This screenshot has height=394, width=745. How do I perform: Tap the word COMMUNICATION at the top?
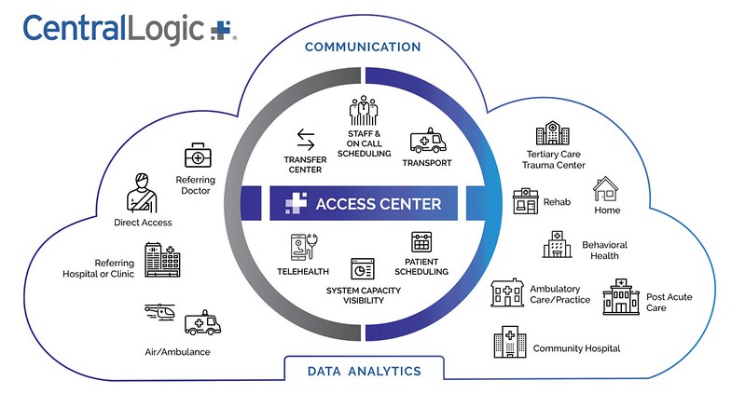coord(363,47)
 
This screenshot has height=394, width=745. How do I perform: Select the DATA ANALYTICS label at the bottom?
coord(364,371)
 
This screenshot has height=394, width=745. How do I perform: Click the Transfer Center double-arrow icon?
coord(306,141)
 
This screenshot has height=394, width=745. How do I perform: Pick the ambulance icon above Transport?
coord(427,143)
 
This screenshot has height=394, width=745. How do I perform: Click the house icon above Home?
coord(607,191)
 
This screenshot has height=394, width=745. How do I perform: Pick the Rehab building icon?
coord(526,202)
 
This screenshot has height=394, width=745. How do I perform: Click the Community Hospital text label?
coord(576,348)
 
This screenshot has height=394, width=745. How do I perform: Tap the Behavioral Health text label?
coord(604,251)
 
